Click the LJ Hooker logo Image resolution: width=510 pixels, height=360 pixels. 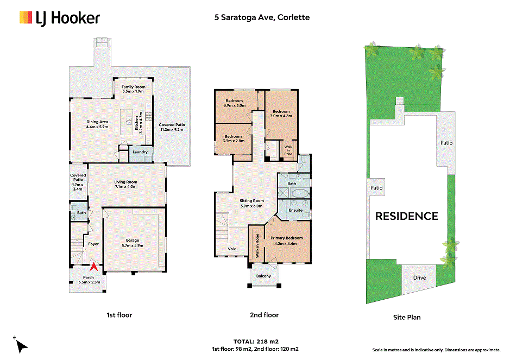coord(60,18)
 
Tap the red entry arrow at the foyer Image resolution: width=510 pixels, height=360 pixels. coord(93,267)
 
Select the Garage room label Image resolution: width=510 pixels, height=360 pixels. coord(133,241)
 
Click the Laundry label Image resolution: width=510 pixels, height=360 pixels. coord(140,152)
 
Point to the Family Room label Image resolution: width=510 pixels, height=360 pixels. coord(134,87)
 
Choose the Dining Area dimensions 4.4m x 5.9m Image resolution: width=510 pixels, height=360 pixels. coord(97,127)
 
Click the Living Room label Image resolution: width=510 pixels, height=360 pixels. coord(125,182)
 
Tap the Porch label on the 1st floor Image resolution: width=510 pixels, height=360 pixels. coord(89,277)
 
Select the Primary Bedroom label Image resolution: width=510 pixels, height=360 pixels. coord(287,238)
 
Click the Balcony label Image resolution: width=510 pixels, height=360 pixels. coord(263,276)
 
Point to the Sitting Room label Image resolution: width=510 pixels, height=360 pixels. coord(252,201)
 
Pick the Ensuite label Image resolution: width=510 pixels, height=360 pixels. coord(295,210)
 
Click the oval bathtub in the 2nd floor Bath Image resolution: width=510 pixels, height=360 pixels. coord(300,194)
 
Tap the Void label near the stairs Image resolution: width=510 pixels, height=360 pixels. coord(232,249)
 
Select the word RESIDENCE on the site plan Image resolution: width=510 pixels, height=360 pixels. coord(407,216)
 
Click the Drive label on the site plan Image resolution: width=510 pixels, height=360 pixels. coord(419,277)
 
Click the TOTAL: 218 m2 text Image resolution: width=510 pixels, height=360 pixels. coord(256,342)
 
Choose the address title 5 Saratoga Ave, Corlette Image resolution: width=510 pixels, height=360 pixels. coord(262,17)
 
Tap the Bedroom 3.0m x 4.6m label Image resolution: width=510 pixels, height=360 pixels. coord(281,113)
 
